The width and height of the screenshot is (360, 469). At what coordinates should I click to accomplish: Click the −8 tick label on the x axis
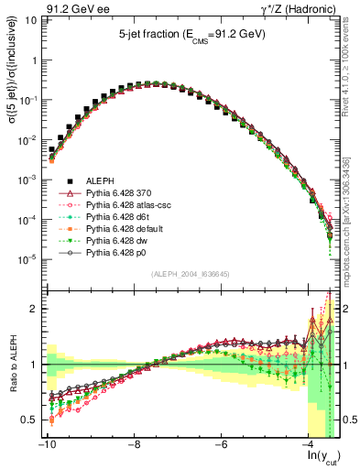click(x=134, y=444)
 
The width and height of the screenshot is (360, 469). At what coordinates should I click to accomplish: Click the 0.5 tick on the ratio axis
click(x=27, y=420)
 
